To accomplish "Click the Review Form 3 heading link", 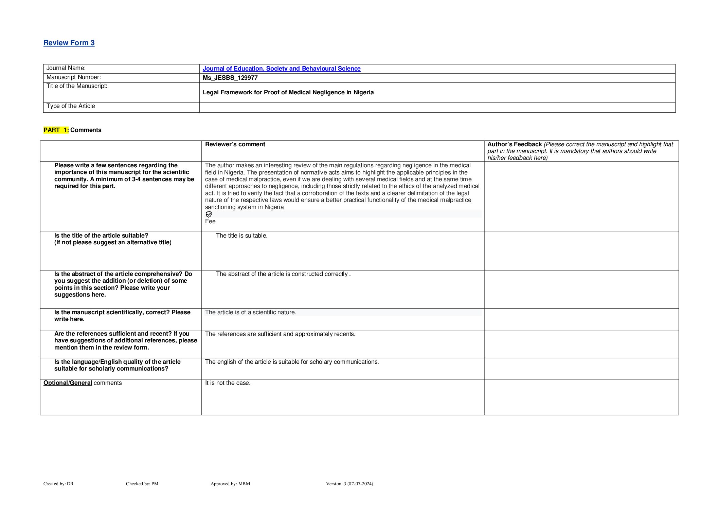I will [69, 43].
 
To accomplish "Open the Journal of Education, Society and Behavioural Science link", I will [281, 69].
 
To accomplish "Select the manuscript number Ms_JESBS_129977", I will [230, 78].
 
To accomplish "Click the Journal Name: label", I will [66, 68].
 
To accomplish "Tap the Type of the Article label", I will [71, 106].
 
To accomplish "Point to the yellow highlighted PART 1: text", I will [56, 130].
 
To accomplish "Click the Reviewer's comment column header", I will [235, 144].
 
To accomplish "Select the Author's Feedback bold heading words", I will [514, 144].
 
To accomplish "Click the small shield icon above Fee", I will [209, 214].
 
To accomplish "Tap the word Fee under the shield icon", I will [210, 222].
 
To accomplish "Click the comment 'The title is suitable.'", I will [241, 236].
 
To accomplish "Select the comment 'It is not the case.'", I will [228, 383].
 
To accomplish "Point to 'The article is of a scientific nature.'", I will [250, 312].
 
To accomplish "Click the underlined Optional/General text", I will [68, 383].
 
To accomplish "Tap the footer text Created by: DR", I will [58, 484].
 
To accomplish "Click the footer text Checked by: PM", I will [142, 484].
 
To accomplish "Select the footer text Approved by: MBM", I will [230, 484].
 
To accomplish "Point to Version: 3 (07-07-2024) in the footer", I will [349, 484].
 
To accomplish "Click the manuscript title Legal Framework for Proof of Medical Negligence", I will [288, 92].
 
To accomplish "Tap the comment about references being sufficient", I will [280, 334].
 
